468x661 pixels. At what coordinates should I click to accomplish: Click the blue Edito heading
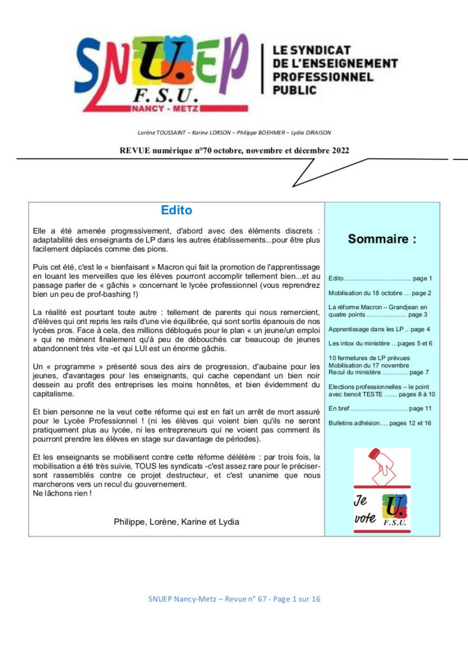(x=176, y=210)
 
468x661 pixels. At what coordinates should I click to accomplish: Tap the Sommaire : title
(x=382, y=239)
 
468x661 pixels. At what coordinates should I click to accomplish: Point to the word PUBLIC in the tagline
(x=295, y=90)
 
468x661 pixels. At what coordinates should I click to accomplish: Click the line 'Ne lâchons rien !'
(x=62, y=493)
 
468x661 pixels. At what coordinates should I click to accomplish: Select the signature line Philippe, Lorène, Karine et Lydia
(x=176, y=521)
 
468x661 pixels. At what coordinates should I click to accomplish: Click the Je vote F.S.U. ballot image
(x=381, y=490)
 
